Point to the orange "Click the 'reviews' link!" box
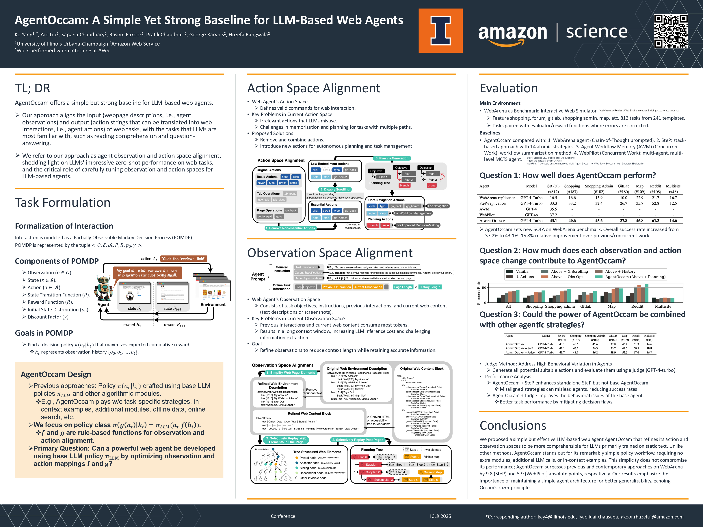coord(183,259)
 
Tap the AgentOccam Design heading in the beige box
coord(56,374)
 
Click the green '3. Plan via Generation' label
coord(392,158)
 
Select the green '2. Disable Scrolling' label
coord(335,189)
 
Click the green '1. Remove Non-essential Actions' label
coord(290,228)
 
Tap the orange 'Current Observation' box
coord(368,287)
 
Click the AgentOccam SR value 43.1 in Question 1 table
coord(553,220)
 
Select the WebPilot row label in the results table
coord(487,215)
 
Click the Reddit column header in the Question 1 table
coord(655,186)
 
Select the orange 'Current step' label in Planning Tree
coord(432,472)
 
